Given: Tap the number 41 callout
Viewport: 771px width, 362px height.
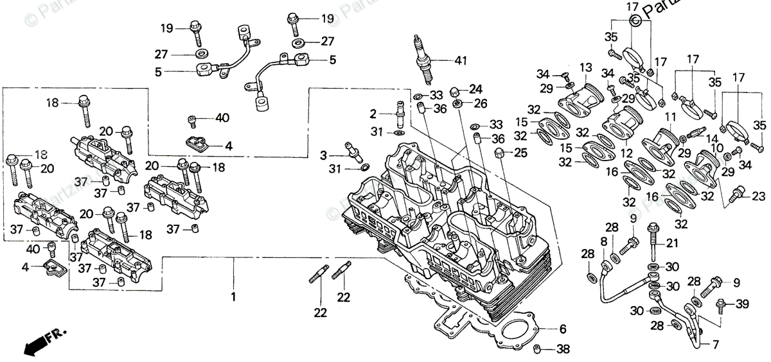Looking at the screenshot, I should tap(459, 61).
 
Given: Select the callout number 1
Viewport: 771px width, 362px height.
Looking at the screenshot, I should tap(234, 297).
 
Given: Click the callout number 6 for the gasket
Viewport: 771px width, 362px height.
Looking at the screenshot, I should tap(562, 329).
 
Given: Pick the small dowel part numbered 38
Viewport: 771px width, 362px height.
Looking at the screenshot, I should tap(536, 349).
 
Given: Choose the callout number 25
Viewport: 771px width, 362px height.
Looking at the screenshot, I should tap(520, 153).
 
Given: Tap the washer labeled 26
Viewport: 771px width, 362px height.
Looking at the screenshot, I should tap(457, 103).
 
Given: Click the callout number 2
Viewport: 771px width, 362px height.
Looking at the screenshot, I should tap(373, 114).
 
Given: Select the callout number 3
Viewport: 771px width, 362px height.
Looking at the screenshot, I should tap(324, 155).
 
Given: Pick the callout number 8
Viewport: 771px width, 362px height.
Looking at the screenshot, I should tap(603, 241).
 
